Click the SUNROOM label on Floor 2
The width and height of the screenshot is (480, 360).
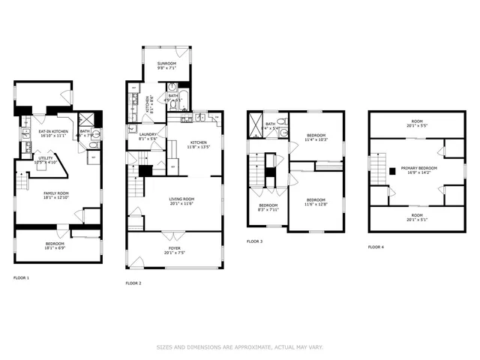pos(166,62)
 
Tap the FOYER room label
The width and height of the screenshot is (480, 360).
pos(174,247)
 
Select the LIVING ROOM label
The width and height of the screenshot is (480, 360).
pos(174,199)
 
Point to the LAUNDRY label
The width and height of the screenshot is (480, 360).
pos(148,134)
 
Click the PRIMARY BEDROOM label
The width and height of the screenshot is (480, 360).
pos(416,168)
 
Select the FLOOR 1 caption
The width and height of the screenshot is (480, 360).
pos(21,278)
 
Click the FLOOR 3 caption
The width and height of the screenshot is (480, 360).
pos(255,241)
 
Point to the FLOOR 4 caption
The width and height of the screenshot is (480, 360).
pos(376,247)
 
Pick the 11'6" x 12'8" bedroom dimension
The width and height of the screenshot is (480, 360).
pos(315,204)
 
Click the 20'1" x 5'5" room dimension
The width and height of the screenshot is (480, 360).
pos(417,126)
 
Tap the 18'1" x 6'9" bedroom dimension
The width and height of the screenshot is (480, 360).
pos(54,247)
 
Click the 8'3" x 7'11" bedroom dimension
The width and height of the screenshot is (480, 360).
pos(268,210)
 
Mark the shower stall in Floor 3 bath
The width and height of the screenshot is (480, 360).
pos(255,124)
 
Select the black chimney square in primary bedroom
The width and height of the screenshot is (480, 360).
pos(391,171)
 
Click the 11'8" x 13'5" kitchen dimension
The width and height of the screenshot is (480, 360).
pos(198,147)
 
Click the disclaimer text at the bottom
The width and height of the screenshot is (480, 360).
pos(239,346)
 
